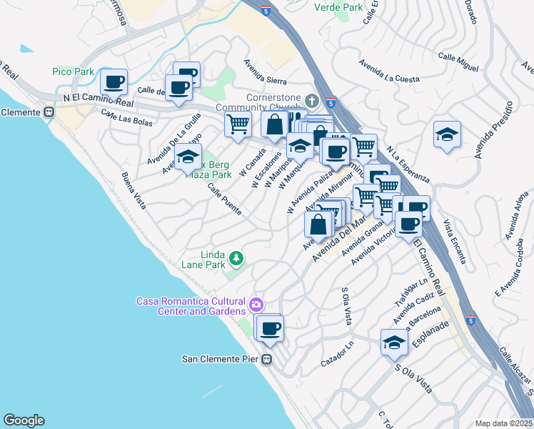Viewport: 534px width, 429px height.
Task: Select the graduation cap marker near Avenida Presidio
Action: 447,134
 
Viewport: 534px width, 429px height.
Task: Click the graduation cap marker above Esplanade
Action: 394,342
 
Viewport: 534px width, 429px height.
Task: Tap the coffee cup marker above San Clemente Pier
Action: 269,328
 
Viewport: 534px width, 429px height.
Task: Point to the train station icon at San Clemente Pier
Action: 267,359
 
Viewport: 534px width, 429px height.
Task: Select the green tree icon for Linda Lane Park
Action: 235,257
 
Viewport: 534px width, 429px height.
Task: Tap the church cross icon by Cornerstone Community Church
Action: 311,99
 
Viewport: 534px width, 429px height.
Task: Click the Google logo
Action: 23,420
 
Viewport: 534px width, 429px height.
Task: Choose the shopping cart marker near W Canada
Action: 238,124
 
